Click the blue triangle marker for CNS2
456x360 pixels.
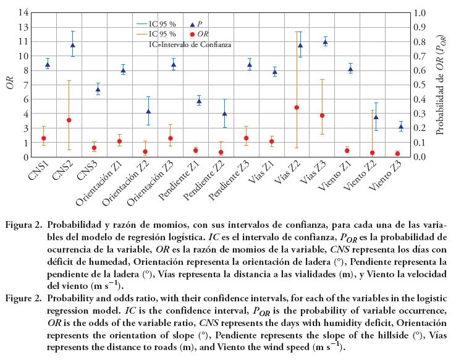coord(73,44)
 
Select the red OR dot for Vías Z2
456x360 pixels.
coord(297,107)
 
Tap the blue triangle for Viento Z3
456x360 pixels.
coord(401,127)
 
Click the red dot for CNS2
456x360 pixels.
coord(69,120)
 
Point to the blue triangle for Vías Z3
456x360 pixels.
coord(326,42)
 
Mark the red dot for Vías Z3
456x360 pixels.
coord(322,115)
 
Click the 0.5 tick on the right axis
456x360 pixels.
coord(420,85)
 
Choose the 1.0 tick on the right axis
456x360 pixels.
coord(420,12)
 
